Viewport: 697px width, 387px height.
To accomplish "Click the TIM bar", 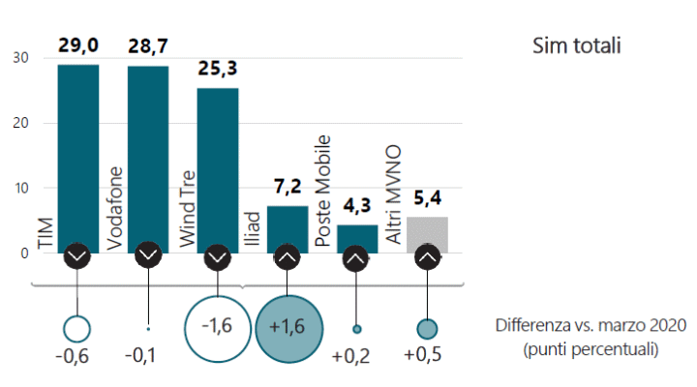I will coord(77,155).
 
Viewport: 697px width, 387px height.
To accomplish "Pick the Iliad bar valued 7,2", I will coord(288,226).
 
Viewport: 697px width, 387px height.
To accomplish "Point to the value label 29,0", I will coord(77,46).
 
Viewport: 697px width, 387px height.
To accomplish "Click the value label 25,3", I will coord(218,71).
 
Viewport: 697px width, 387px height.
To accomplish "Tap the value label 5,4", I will coord(427,199).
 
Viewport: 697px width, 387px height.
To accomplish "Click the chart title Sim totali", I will coord(576,45).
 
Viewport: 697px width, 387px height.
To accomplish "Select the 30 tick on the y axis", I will coord(20,58).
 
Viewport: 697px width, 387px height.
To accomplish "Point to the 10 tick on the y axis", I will coord(20,188).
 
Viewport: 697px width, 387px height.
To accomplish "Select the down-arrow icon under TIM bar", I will coord(77,256).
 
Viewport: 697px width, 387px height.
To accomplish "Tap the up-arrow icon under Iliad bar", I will coord(288,256).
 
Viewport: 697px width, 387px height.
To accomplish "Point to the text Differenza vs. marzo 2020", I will coord(591,326).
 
